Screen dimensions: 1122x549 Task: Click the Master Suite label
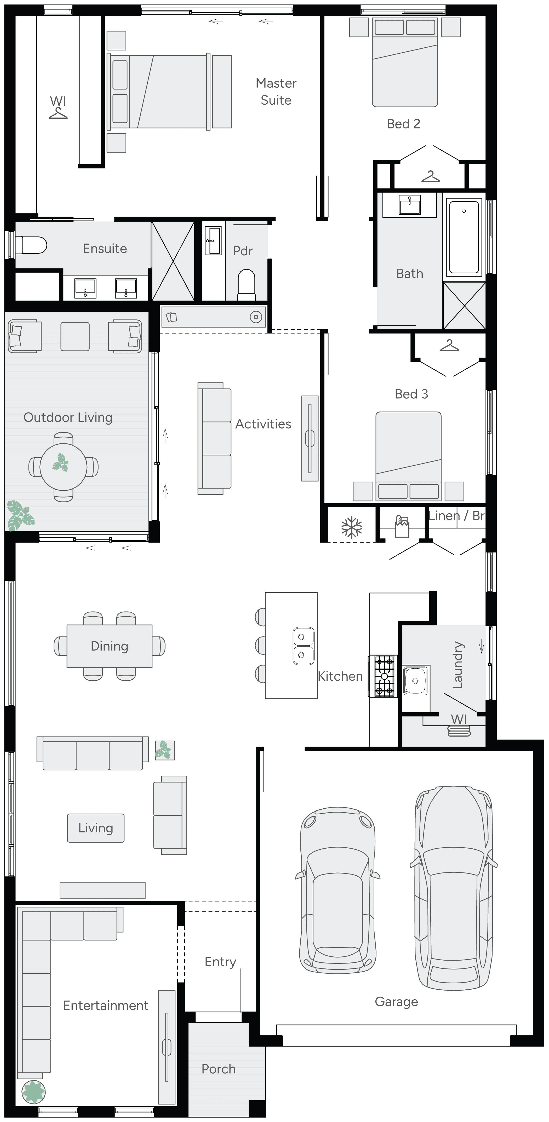(x=276, y=92)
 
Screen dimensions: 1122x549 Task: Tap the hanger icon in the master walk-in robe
(x=58, y=113)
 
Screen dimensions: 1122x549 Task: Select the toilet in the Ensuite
(x=31, y=245)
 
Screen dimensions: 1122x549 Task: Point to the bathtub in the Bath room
(x=464, y=236)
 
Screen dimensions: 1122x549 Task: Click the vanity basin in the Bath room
(x=409, y=205)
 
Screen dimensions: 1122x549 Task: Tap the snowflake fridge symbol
(x=351, y=527)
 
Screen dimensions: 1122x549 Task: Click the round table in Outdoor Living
(x=63, y=466)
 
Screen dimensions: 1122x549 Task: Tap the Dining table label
(x=109, y=646)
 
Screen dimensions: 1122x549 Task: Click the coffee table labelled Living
(x=96, y=827)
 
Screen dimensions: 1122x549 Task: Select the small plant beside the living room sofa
(x=165, y=750)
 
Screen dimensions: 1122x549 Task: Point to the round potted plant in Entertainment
(x=33, y=1091)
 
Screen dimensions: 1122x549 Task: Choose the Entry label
(x=220, y=961)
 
